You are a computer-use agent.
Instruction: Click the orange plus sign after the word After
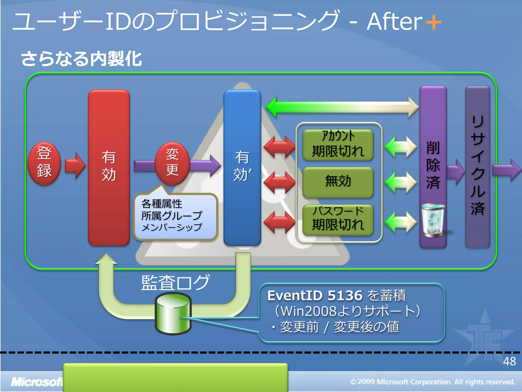[x=434, y=22]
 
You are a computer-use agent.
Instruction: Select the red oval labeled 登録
[x=44, y=163]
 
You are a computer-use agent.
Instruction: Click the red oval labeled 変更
[x=173, y=163]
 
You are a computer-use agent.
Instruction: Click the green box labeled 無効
[x=338, y=182]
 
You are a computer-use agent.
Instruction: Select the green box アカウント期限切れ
[x=338, y=144]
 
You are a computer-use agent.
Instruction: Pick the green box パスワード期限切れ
[x=338, y=219]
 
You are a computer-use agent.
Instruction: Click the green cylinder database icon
[x=173, y=314]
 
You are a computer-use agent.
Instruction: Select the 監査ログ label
[x=175, y=283]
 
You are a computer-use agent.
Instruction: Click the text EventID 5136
[x=315, y=296]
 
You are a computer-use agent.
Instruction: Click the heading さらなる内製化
[x=81, y=59]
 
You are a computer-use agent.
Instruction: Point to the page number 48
[x=509, y=361]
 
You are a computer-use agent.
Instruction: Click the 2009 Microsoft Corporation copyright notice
[x=433, y=382]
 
